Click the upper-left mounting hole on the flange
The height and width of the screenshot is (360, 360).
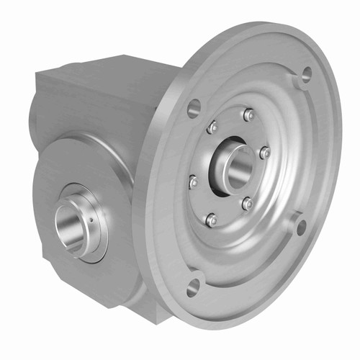pos(194,109)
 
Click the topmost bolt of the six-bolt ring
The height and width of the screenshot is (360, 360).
pos(248,114)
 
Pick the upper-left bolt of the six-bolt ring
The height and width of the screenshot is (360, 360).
pos(212,127)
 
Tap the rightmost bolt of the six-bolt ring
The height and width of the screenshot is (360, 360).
pos(264,152)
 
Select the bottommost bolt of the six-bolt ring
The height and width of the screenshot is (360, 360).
pos(211,220)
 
